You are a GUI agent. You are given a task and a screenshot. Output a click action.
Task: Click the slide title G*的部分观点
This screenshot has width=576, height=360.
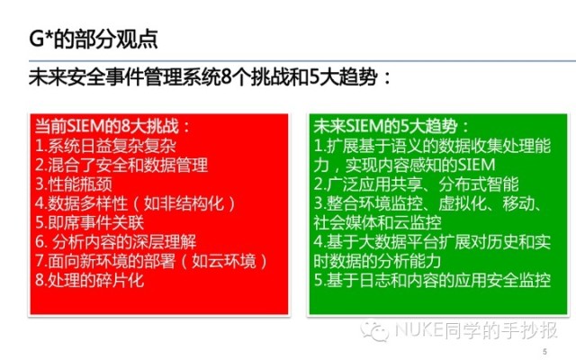pos(94,39)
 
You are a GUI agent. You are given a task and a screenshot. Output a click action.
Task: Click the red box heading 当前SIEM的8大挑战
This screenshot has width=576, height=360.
pos(112,126)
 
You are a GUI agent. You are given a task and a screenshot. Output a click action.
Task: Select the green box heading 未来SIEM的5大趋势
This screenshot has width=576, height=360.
pos(391,126)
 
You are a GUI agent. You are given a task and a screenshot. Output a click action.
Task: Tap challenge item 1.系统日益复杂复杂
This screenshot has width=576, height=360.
pos(105,146)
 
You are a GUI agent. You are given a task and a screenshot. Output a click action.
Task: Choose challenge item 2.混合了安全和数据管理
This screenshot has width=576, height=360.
pos(121,165)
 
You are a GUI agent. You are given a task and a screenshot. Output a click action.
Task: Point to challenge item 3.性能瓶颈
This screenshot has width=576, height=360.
pos(74,184)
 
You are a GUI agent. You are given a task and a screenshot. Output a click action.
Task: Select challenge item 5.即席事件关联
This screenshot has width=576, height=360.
pos(89,222)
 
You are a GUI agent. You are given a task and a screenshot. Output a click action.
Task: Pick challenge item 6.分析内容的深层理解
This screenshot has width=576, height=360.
pos(116,242)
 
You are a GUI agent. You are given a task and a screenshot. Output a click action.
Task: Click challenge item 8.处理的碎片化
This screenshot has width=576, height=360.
pos(89,280)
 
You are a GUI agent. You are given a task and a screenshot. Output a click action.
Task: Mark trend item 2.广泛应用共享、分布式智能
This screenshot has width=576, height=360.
pos(416,184)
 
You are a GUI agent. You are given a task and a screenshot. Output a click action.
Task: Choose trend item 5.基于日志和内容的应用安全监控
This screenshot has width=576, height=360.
pos(432,280)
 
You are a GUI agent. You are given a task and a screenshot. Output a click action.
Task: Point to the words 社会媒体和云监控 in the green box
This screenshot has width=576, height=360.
pos(377,222)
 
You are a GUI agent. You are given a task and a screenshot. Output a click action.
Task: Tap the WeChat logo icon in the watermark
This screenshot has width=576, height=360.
pos(374,331)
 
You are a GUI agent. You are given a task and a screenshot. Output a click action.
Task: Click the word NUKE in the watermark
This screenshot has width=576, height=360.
pos(418,329)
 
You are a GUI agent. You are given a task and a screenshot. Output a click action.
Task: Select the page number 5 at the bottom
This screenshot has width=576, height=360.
pos(544,352)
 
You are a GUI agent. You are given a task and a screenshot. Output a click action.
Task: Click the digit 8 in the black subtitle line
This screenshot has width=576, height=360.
pos(227,77)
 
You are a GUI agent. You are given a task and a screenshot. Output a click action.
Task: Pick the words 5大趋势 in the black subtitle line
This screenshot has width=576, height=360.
pos(344,77)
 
